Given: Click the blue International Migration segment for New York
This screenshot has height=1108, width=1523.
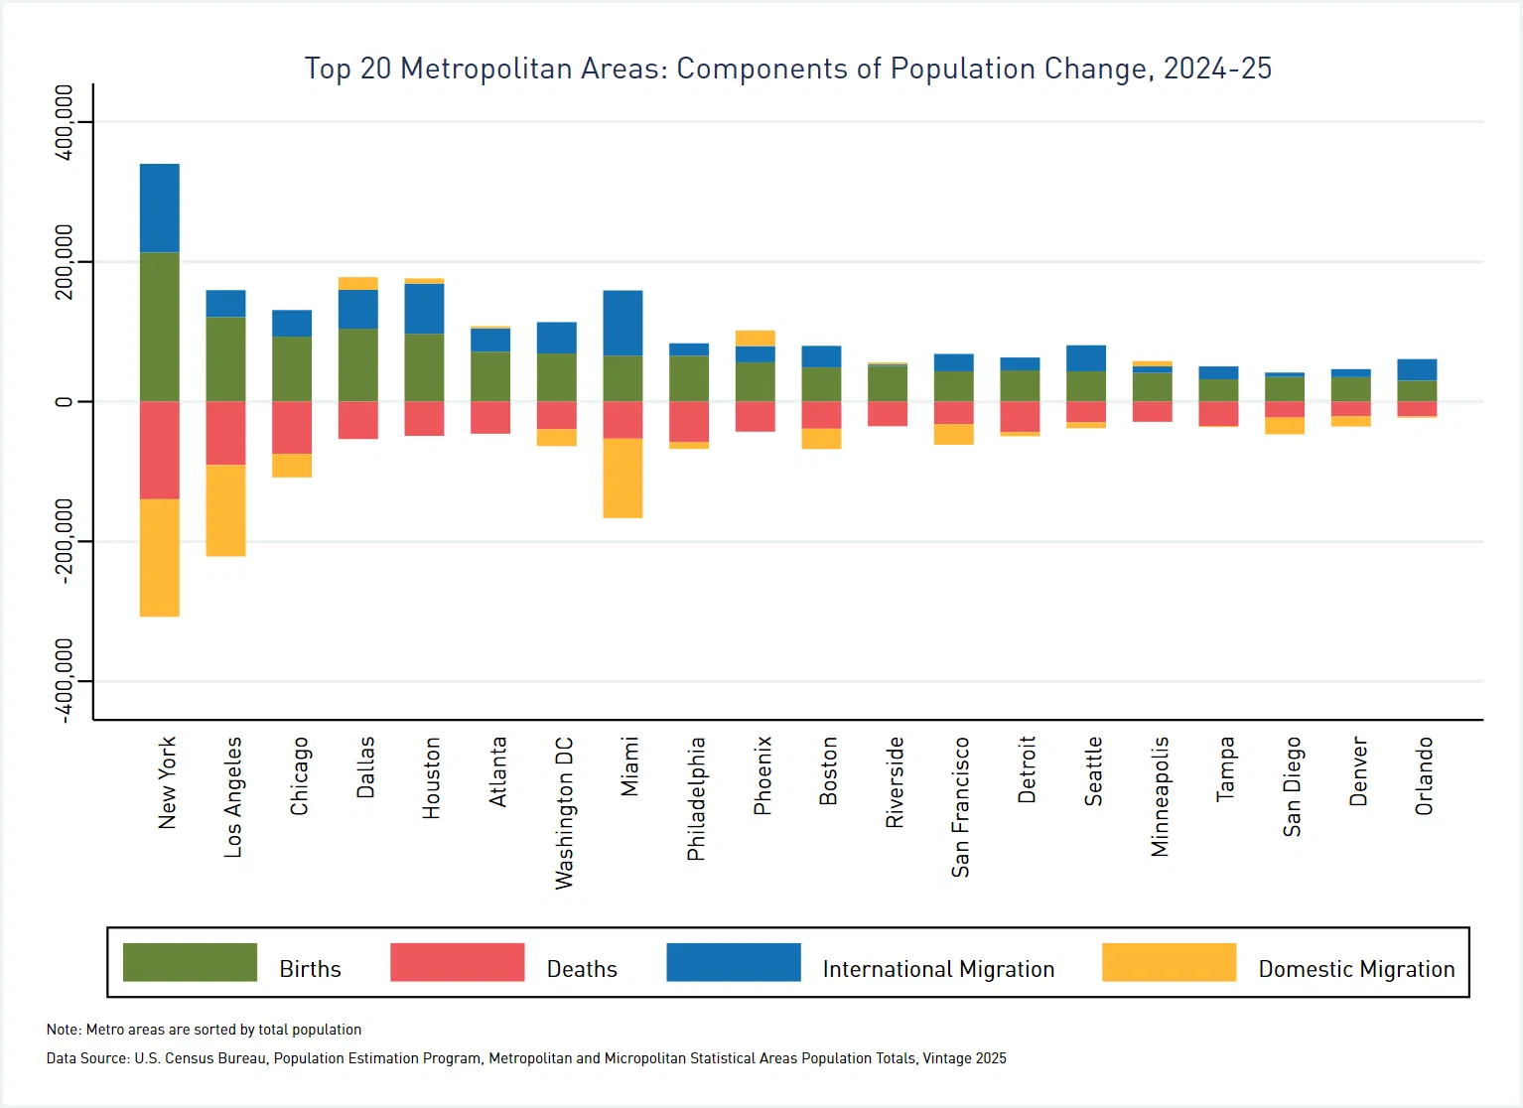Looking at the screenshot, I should pos(159,208).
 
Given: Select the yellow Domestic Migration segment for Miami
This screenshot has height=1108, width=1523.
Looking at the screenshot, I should pos(623,478).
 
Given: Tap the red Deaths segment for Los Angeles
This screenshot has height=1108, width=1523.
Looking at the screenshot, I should pos(225,433).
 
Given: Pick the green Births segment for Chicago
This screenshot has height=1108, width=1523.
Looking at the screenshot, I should pos(292,368).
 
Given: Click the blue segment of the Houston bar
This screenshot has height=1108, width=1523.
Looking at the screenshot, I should pos(424,309).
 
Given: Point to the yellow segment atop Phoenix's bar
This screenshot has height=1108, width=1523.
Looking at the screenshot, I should pos(755,338).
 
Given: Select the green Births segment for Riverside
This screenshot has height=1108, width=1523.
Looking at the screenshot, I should pos(887,383).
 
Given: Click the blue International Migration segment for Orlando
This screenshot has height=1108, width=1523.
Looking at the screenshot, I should pos(1416,369).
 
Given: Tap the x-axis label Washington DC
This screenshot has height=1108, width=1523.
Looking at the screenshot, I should pos(564,812).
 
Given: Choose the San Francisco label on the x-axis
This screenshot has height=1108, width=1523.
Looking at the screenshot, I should pos(960,806).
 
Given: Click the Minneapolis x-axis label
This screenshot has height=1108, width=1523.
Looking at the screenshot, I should pos(1160,796).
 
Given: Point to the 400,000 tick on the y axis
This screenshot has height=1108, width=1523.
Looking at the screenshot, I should pos(65,122).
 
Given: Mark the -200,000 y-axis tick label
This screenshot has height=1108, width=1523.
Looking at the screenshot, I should pos(65,541).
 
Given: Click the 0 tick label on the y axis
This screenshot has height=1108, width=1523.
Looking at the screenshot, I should pos(65,402).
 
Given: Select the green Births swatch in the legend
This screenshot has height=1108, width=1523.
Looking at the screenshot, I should pos(190,962).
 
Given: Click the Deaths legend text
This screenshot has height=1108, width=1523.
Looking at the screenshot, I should pos(582,969).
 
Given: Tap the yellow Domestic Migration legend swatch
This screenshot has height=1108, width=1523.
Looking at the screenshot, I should pos(1169,962).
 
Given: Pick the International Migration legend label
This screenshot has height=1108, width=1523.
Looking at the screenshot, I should pos(938,969).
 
